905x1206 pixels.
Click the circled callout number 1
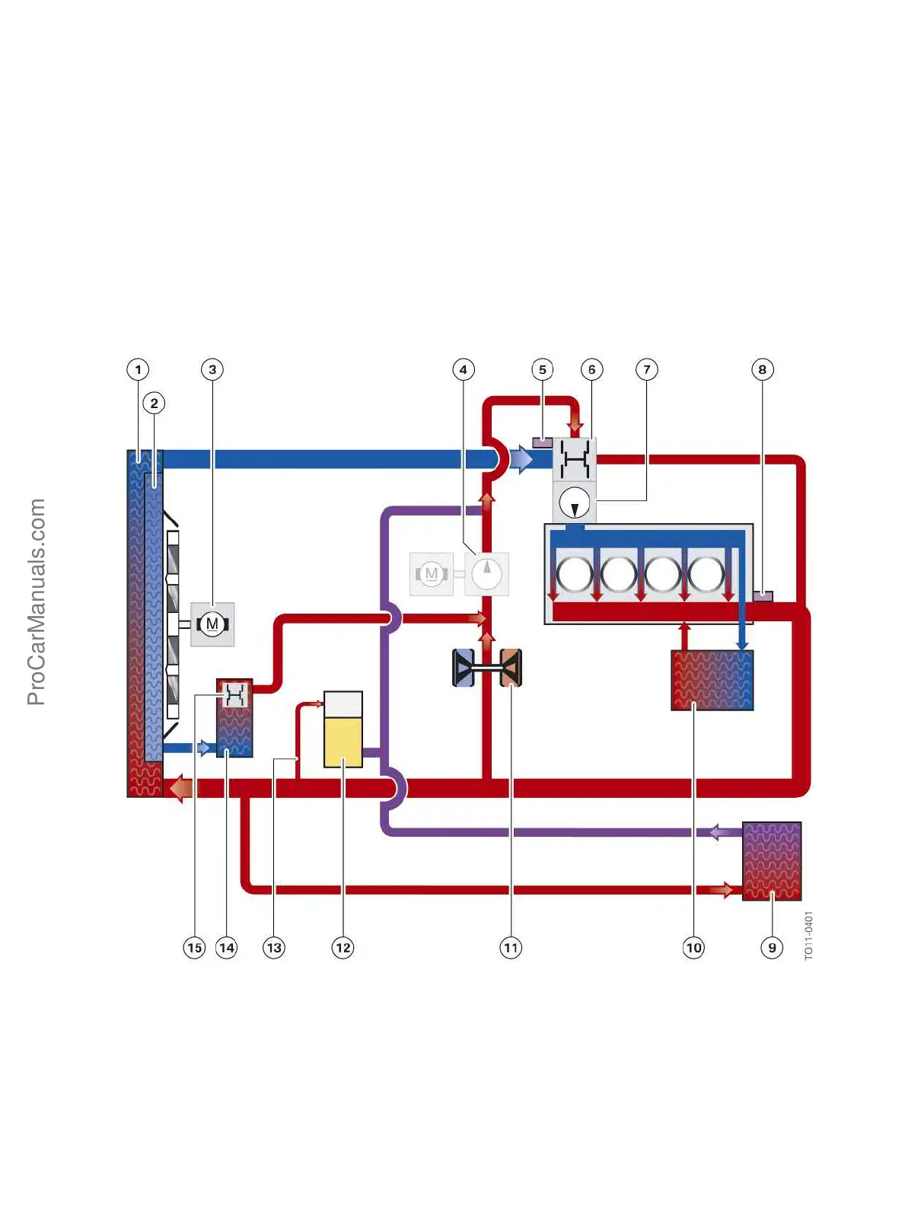coord(138,370)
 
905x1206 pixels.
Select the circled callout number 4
coord(463,370)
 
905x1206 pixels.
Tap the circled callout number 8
coord(762,370)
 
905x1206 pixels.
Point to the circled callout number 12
coord(343,948)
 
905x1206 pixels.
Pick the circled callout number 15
coord(194,948)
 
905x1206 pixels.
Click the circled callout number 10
coord(693,948)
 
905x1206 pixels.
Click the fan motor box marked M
coord(212,624)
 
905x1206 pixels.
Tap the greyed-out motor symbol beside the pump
coord(432,573)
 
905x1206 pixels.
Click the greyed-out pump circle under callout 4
coord(486,573)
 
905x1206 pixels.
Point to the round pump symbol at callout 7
coord(574,502)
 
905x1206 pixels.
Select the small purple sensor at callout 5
coord(542,442)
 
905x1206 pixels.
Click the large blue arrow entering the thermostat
coord(521,459)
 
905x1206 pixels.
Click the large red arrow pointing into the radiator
coord(180,788)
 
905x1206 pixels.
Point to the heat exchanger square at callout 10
coord(712,680)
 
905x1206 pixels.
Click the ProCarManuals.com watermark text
coord(37,601)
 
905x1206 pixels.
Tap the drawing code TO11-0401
coord(809,935)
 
